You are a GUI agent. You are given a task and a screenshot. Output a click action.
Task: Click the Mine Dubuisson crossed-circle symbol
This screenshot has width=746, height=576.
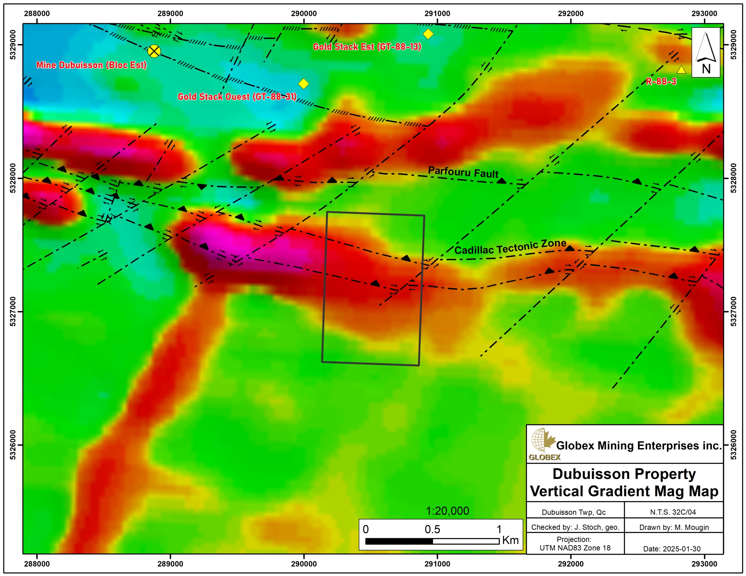pos(154,51)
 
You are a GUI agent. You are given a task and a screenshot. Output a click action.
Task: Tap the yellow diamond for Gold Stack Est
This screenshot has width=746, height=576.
pos(428,34)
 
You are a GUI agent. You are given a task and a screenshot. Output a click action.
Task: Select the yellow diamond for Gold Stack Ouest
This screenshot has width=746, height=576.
pos(303,84)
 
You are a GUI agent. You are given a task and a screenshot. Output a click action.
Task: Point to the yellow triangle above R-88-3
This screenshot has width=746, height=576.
pos(681,70)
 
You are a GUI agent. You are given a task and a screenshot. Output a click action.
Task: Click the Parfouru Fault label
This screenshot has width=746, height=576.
pos(463,172)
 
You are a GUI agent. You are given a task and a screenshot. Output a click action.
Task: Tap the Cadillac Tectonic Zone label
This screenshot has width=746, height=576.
pos(510,247)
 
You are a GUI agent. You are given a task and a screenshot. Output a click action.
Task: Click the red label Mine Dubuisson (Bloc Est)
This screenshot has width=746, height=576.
pos(92,65)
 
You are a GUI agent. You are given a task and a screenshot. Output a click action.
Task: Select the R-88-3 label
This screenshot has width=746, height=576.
pos(661,81)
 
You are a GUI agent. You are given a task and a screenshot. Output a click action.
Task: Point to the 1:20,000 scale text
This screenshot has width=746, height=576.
pos(448,511)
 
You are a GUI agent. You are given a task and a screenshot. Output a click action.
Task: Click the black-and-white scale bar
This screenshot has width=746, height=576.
pos(432,541)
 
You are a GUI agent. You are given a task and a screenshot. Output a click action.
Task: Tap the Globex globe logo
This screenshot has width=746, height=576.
pos(541,442)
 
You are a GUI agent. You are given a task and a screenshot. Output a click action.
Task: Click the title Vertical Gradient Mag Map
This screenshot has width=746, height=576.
pos(624,491)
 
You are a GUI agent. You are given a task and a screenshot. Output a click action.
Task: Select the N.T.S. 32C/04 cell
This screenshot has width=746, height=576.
pos(673,512)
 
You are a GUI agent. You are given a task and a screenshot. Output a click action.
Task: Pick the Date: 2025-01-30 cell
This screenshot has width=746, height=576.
pos(671,549)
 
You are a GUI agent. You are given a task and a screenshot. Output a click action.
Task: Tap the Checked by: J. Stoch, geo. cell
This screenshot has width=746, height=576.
pos(575,527)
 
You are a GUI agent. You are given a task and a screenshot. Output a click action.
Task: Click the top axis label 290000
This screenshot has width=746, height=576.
pos(304,14)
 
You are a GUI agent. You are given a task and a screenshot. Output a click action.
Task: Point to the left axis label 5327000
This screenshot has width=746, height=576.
pos(13,311)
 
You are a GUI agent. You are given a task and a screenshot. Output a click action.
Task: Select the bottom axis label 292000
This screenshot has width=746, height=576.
pos(571,564)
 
